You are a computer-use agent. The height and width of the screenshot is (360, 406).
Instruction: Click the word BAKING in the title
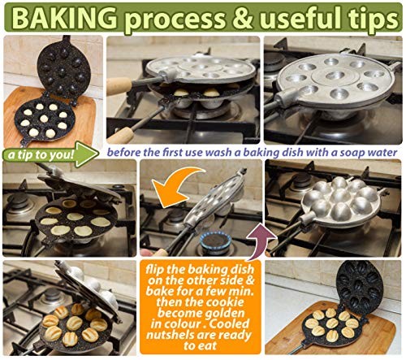click(65, 18)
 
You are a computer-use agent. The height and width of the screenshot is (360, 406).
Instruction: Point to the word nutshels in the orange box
click(171, 336)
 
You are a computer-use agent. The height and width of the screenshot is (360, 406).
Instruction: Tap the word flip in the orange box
click(155, 270)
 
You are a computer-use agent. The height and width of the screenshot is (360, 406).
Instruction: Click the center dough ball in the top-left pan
click(44, 118)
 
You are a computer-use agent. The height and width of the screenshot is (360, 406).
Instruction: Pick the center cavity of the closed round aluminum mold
click(333, 75)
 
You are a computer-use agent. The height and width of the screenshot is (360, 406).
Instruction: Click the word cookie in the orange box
click(227, 302)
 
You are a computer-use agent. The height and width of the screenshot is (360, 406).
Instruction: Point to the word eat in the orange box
click(209, 346)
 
